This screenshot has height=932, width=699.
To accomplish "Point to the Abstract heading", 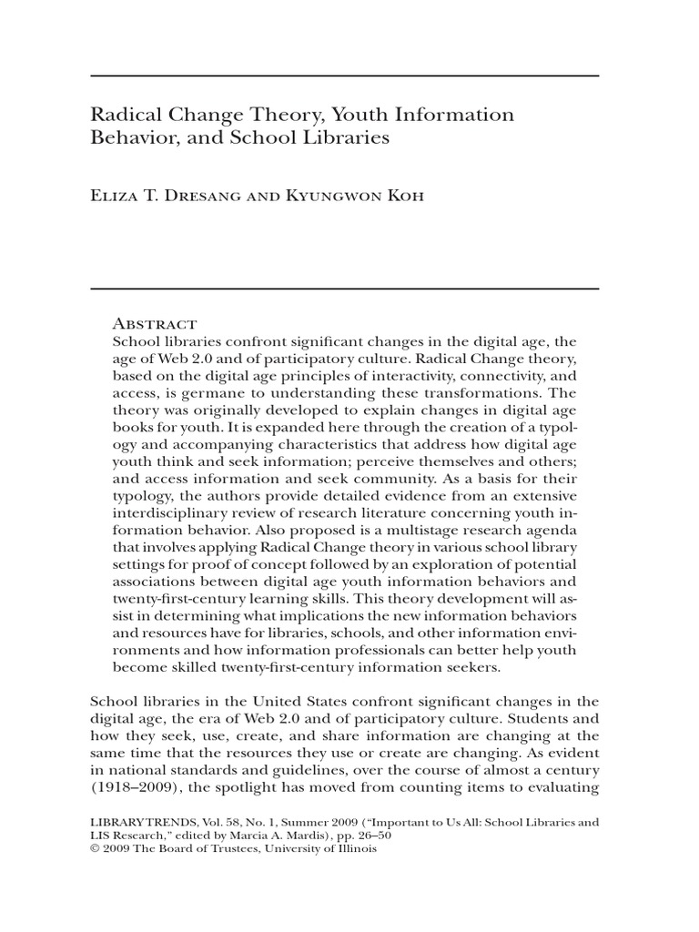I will point(154,323).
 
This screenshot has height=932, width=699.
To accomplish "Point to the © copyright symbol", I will point(94,850).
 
